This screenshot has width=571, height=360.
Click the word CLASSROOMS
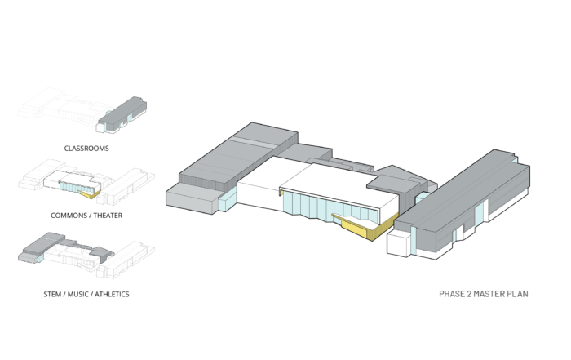pos(86,149)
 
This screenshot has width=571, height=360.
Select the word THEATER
pos(108,216)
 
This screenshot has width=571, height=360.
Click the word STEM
pos(52,294)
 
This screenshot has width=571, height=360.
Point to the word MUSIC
pos(78,294)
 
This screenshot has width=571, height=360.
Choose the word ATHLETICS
pos(112,294)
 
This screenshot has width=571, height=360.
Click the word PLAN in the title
pos(516,294)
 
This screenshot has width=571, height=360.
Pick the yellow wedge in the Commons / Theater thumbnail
pos(90,194)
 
